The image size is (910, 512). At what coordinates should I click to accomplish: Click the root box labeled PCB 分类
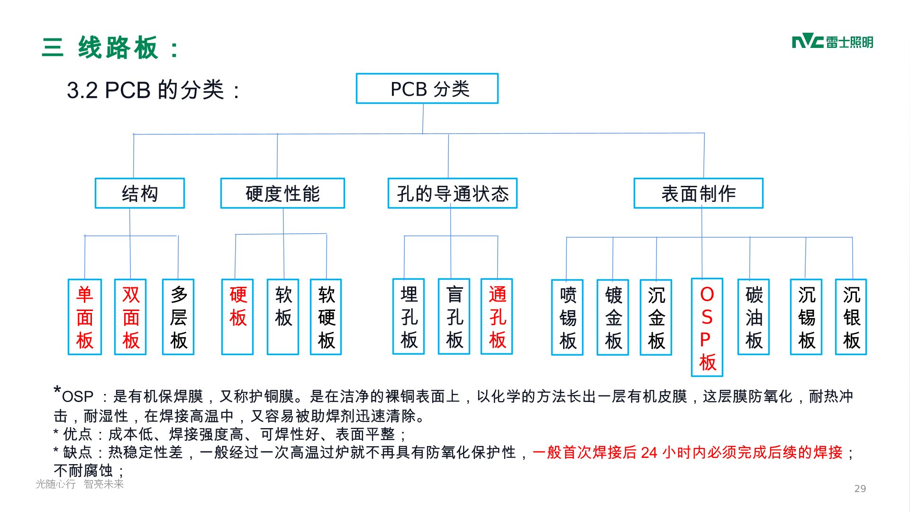(427, 89)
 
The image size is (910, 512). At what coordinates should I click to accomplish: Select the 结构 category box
(140, 193)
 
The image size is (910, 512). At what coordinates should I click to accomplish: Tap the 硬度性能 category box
(282, 193)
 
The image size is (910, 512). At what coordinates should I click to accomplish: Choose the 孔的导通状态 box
(453, 193)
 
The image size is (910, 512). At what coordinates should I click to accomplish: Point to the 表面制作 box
(699, 193)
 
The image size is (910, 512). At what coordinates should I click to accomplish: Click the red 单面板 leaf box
(85, 317)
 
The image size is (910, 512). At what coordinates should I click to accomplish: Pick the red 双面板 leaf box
(130, 317)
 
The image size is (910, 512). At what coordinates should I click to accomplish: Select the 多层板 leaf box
(178, 317)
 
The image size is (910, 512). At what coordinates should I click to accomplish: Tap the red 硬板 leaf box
(237, 317)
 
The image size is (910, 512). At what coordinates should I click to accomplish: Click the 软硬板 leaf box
(326, 317)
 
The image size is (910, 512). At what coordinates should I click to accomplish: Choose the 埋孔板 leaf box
(409, 317)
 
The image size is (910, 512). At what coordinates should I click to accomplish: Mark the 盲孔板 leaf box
(454, 317)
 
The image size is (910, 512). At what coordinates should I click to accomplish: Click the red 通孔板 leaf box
(497, 317)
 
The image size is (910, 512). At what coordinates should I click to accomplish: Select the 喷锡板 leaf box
(567, 317)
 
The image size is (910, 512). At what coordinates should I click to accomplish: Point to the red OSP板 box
(707, 328)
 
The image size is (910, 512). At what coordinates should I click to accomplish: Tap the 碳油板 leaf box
(754, 317)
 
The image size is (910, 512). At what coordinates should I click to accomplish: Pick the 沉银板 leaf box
(851, 317)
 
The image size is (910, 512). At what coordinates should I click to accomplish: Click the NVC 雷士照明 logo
(832, 42)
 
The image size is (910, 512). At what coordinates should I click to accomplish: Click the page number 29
(860, 489)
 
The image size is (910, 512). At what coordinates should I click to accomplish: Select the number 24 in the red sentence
(649, 453)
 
